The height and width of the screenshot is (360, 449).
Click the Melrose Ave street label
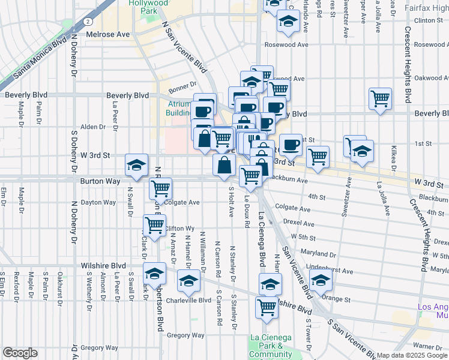click(108, 35)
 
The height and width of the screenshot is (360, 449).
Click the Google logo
click(20, 353)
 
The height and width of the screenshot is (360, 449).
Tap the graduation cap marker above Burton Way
click(136, 165)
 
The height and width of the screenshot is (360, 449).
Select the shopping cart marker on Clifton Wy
click(154, 226)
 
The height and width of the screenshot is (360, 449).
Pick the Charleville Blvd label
click(189, 300)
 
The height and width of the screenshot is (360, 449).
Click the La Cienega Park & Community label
click(270, 346)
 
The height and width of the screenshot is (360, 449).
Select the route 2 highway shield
click(88, 21)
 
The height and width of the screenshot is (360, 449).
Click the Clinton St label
click(428, 20)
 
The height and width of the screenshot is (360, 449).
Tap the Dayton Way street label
click(98, 202)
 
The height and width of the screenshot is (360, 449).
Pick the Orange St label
click(336, 298)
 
